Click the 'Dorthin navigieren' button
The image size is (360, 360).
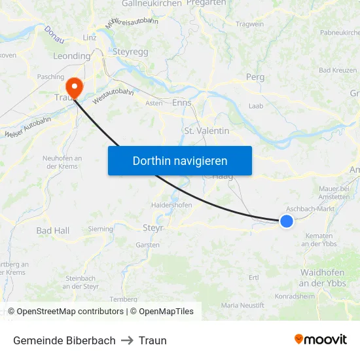pyautogui.click(x=180, y=160)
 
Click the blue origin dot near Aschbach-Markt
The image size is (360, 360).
pyautogui.click(x=286, y=221)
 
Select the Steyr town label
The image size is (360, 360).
pyautogui.click(x=153, y=228)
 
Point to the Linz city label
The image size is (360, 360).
pyautogui.click(x=90, y=37)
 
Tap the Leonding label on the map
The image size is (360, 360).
pyautogui.click(x=71, y=56)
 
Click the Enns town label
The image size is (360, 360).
pyautogui.click(x=181, y=103)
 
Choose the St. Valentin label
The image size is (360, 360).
pyautogui.click(x=207, y=131)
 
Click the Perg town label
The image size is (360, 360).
pyautogui.click(x=255, y=77)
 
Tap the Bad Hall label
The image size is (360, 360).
pyautogui.click(x=53, y=230)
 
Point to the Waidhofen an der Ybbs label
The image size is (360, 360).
pyautogui.click(x=323, y=278)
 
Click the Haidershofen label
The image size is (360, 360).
pyautogui.click(x=171, y=205)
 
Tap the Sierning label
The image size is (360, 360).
pyautogui.click(x=100, y=229)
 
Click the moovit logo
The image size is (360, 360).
pyautogui.click(x=321, y=340)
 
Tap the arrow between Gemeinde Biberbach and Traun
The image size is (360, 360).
pyautogui.click(x=127, y=340)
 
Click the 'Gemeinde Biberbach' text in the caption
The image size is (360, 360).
pyautogui.click(x=64, y=340)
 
